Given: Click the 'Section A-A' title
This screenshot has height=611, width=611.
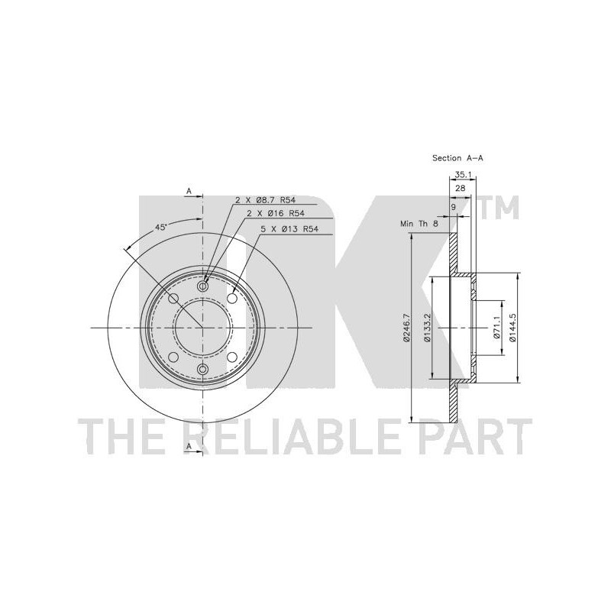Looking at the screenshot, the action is [457, 158].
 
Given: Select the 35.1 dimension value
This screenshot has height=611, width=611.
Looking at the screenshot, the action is [463, 176].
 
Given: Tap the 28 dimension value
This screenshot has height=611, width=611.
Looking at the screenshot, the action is [461, 188].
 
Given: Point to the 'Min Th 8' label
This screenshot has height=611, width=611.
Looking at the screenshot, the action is [419, 224].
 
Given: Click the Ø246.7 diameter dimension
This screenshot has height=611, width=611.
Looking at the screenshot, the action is [406, 328].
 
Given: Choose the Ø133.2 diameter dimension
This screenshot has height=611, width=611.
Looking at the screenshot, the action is [428, 328].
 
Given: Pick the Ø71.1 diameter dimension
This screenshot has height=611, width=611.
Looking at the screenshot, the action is [497, 328].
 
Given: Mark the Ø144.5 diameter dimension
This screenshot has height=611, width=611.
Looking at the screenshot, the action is [513, 328].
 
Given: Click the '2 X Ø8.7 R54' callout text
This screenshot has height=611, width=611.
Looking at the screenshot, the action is [265, 200].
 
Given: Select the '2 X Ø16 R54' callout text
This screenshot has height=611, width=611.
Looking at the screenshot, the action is [276, 214].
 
